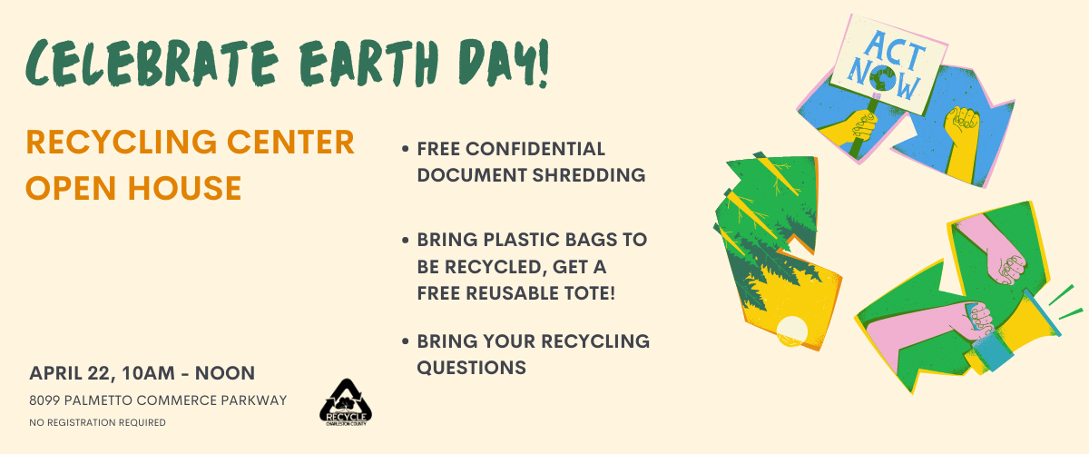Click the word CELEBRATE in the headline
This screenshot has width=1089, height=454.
tap(152, 63)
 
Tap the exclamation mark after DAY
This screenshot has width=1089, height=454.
tap(543, 63)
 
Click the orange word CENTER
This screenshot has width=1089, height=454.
tap(290, 142)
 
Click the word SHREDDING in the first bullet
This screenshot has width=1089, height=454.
tap(589, 175)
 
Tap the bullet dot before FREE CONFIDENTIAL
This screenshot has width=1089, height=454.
tap(406, 150)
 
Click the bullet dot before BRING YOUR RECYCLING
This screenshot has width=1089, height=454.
tap(406, 341)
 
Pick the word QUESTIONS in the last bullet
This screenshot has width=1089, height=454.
tap(472, 368)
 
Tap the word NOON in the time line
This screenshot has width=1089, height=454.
tap(225, 374)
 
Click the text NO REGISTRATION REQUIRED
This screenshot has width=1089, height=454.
tap(97, 422)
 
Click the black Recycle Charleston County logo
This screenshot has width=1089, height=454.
tap(346, 402)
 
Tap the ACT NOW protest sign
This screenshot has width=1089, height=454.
tap(888, 64)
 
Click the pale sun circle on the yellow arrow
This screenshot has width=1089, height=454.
tap(792, 331)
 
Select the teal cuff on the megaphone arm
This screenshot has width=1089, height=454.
tap(991, 350)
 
